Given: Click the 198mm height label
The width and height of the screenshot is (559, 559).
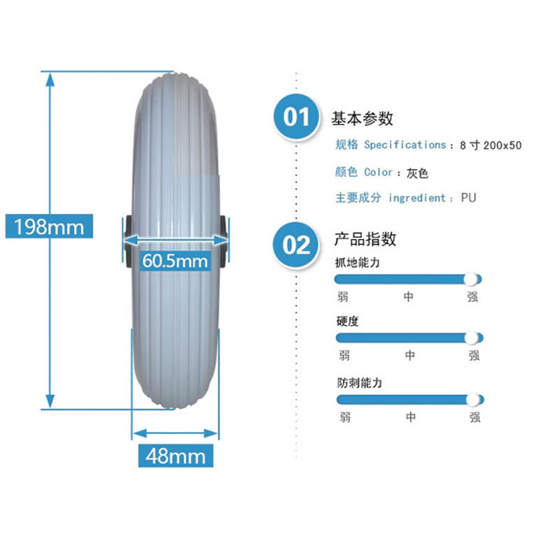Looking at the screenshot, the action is (49, 226).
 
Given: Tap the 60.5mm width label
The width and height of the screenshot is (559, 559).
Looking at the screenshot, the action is (175, 261).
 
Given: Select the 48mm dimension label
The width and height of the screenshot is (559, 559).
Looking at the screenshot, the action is (175, 456).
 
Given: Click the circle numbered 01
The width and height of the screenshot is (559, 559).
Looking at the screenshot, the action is (296, 117).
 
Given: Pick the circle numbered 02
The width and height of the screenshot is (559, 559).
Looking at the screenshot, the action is (296, 245).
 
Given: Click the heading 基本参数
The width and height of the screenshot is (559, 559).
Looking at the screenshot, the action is (362, 118).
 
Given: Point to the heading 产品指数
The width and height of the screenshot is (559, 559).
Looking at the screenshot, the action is (365, 239).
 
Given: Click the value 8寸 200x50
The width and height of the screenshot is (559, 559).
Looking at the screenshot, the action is (491, 145).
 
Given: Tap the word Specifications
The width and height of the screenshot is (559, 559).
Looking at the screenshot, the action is (405, 145).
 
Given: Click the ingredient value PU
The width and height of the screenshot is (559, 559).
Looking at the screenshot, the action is (468, 198).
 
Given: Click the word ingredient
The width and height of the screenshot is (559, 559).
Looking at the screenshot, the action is (417, 198).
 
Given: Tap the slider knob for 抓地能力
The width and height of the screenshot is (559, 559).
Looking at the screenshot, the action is (472, 279).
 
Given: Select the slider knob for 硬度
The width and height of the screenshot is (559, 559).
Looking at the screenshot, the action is (473, 337).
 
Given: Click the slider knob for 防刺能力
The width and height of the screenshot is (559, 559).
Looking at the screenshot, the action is (473, 399).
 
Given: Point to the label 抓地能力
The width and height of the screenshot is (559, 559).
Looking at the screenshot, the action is (358, 263).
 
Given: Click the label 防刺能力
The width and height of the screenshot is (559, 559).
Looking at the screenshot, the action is (359, 383).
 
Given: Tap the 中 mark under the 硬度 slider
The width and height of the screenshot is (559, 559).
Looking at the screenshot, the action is (409, 356).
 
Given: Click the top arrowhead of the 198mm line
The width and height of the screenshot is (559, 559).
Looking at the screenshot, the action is (49, 79).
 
